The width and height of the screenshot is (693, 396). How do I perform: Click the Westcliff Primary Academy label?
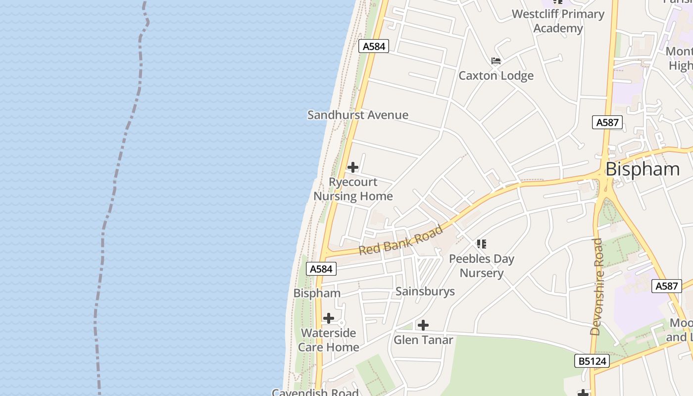pos(558,21)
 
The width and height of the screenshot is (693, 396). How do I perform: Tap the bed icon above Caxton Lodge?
pos(496,61)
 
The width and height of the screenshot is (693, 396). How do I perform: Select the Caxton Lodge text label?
pos(496,76)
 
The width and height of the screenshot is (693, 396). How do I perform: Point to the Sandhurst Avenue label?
pos(358,115)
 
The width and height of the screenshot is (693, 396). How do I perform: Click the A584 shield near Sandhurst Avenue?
pos(374,46)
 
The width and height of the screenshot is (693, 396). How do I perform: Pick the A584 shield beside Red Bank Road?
pos(321,269)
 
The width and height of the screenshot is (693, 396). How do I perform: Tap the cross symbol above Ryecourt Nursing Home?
pos(353,167)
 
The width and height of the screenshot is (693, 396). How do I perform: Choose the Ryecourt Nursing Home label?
pos(353,189)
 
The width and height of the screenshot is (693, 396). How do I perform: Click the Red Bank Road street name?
pos(401,241)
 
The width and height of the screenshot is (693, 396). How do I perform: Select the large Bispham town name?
pos(643,169)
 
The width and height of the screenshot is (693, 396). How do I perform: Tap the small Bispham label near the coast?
pos(317,293)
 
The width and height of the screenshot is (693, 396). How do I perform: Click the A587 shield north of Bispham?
pos(607,122)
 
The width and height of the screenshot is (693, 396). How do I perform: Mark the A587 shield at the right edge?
pos(666,286)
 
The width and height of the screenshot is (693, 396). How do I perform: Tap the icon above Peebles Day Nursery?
pos(482,244)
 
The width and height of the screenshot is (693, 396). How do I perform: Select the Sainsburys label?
pos(425,291)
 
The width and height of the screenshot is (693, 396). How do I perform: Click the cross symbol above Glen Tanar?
pos(423,325)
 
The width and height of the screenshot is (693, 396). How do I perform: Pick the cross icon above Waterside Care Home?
pos(329,318)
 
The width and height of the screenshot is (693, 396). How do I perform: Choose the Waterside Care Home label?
pos(329,340)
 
